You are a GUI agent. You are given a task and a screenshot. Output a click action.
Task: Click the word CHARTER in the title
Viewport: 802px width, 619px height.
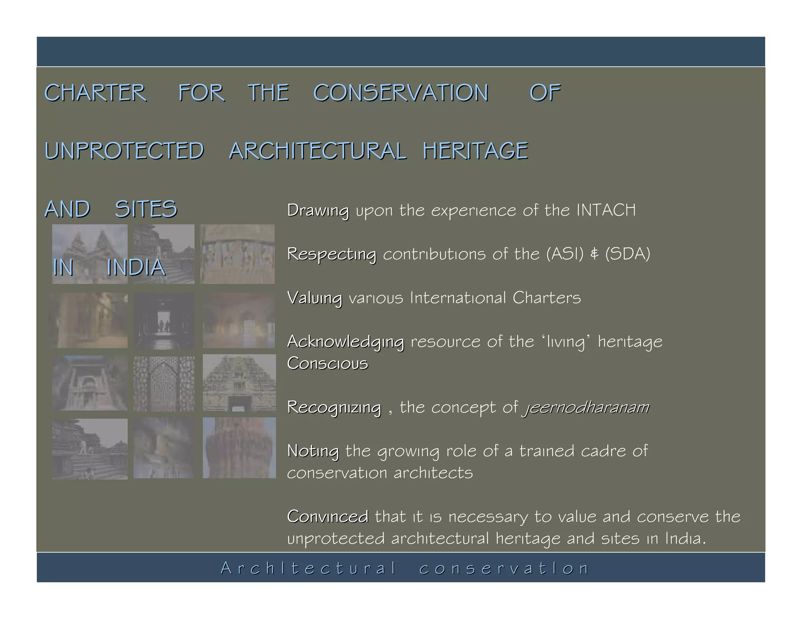coord(95,93)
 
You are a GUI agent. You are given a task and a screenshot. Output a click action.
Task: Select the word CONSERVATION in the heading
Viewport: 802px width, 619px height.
coord(401,93)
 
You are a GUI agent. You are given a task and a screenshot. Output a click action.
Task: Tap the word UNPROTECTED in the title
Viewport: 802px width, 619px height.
coord(124,151)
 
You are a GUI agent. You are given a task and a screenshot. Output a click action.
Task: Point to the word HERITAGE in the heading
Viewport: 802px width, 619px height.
coord(475,151)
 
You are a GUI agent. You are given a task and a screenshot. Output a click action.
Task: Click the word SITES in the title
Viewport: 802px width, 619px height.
coord(146,209)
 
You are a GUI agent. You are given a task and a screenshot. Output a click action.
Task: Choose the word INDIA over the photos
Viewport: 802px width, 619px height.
coord(136,267)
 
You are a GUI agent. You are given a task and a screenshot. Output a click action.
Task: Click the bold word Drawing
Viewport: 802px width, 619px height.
coord(318,211)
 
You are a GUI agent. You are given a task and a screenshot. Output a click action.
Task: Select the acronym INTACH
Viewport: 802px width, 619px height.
coord(606,210)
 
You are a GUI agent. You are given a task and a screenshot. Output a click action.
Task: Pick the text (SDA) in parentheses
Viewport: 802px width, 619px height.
coord(627,254)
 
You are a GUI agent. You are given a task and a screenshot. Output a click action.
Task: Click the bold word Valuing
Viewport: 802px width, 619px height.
coord(314,298)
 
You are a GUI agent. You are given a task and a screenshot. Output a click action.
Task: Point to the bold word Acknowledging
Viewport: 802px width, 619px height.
coord(345,342)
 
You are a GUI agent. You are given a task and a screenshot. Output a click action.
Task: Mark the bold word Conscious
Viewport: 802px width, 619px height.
coord(327,363)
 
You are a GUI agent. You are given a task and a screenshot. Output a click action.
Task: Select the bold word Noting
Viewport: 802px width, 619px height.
coord(313,451)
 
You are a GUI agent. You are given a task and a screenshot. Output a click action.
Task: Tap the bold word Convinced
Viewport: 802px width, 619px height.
coord(327,516)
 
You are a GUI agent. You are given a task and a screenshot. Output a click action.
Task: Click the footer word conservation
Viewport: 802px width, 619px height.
coord(504,568)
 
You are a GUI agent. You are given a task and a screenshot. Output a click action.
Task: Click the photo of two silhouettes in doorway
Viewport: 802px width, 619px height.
coord(164,321)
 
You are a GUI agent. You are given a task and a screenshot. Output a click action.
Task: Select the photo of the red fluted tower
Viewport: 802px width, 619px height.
coord(239,448)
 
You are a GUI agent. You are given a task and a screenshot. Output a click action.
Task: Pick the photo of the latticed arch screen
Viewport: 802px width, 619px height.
coord(164,383)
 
